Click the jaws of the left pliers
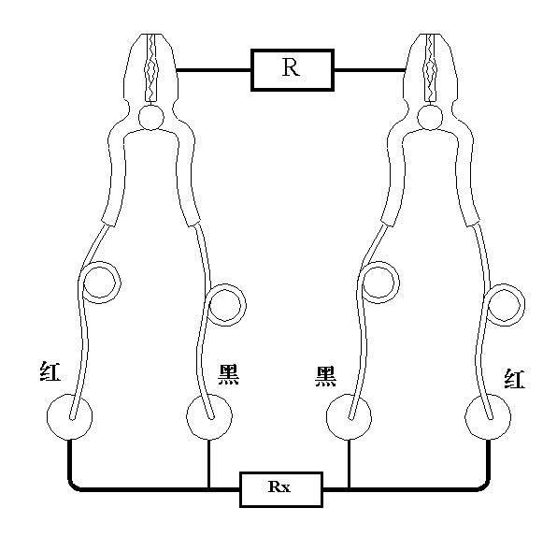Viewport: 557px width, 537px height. pyautogui.click(x=151, y=67)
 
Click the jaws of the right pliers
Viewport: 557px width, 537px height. pyautogui.click(x=430, y=67)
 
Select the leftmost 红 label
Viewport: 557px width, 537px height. pyautogui.click(x=50, y=371)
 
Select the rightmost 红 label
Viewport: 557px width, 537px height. pyautogui.click(x=514, y=379)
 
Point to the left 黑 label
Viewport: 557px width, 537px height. pyautogui.click(x=228, y=375)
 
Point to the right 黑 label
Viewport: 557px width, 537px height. pyautogui.click(x=326, y=377)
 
